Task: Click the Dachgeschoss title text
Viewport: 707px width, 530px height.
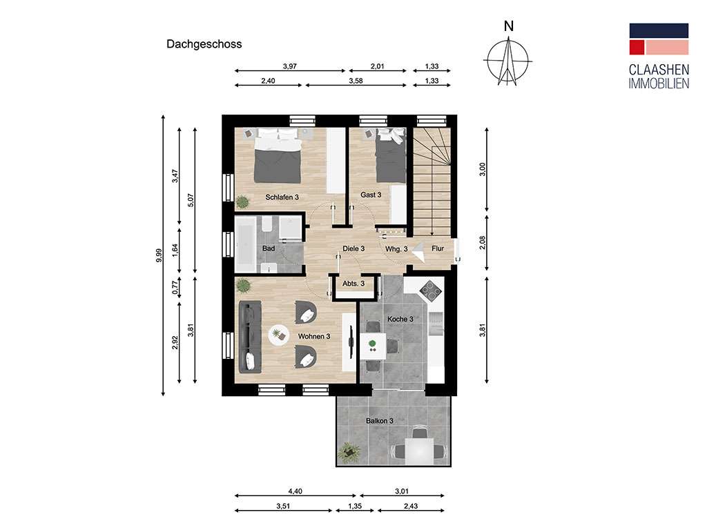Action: (204, 44)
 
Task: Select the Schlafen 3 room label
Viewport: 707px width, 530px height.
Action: (282, 197)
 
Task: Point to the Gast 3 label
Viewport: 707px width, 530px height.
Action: (371, 195)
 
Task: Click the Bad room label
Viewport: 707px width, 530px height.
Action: (269, 248)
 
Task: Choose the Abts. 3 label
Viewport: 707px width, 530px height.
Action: (353, 284)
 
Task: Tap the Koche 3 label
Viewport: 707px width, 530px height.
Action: (400, 320)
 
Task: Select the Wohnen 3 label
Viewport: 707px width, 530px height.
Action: (314, 336)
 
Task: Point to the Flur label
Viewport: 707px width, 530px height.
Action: (438, 248)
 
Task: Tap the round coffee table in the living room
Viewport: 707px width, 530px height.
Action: (278, 335)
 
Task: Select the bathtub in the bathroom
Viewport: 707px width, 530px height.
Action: (244, 245)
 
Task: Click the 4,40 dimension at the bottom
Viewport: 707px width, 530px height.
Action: (295, 491)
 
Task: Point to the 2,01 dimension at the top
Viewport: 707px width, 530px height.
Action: (377, 66)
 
